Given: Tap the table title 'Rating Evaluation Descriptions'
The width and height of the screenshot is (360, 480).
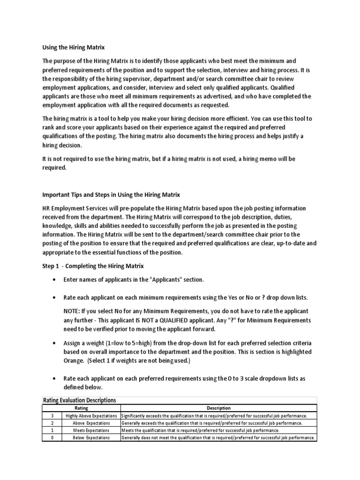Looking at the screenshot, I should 79,400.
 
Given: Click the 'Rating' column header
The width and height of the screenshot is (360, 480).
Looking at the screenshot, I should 82,408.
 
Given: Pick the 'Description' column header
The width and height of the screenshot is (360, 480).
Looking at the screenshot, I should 218,408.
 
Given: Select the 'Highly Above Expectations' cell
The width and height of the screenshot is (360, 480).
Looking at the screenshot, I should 91,416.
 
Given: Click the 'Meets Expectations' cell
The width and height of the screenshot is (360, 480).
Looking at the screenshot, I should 91,430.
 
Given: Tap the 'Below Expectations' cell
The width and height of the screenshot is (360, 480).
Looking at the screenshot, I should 91,437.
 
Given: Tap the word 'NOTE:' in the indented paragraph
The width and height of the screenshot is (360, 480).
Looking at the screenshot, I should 73,311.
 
